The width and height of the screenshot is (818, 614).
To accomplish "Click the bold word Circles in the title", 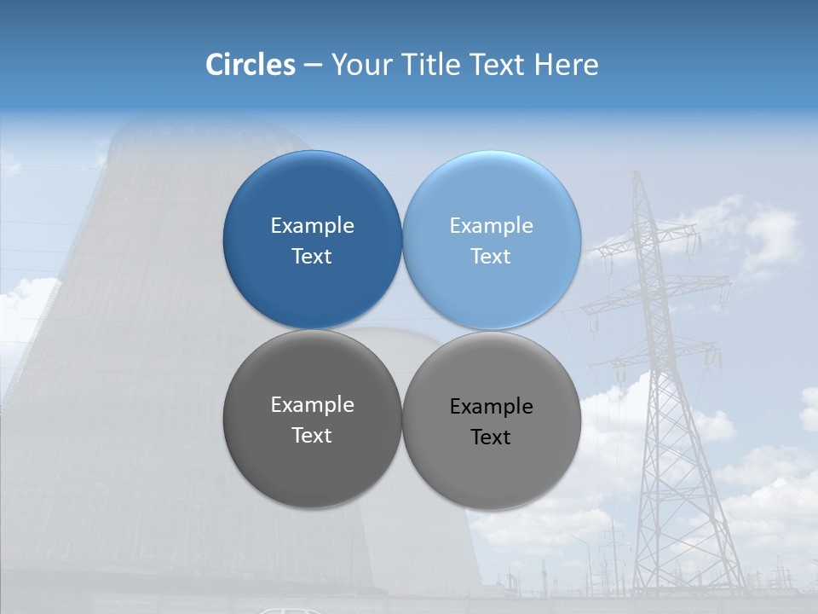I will pyautogui.click(x=251, y=65).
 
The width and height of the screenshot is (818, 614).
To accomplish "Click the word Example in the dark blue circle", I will pyautogui.click(x=312, y=226).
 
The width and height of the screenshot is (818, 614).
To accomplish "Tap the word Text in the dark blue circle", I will pyautogui.click(x=312, y=257).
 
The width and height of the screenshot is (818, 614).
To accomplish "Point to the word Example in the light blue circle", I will pyautogui.click(x=492, y=226).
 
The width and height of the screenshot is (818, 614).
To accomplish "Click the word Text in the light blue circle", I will pyautogui.click(x=492, y=257).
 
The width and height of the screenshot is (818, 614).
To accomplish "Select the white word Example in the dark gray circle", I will pyautogui.click(x=312, y=405).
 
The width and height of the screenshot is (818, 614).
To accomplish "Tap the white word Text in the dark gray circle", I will pyautogui.click(x=312, y=436).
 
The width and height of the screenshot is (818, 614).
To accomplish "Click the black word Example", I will pyautogui.click(x=492, y=407).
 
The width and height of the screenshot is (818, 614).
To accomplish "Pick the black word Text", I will pyautogui.click(x=492, y=437).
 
